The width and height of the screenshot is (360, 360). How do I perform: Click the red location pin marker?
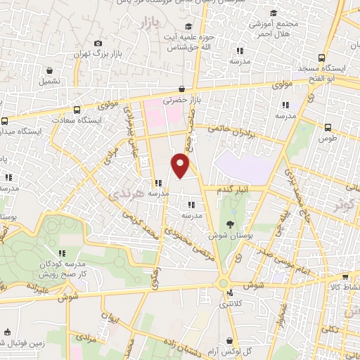point(181,166)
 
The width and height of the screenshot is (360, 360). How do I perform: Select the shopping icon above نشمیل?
point(50,71)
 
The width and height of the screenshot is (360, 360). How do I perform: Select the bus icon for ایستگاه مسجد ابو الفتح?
point(321,58)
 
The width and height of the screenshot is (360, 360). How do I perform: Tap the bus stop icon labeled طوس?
point(328,127)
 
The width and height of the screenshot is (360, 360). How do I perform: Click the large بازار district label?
point(141,24)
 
